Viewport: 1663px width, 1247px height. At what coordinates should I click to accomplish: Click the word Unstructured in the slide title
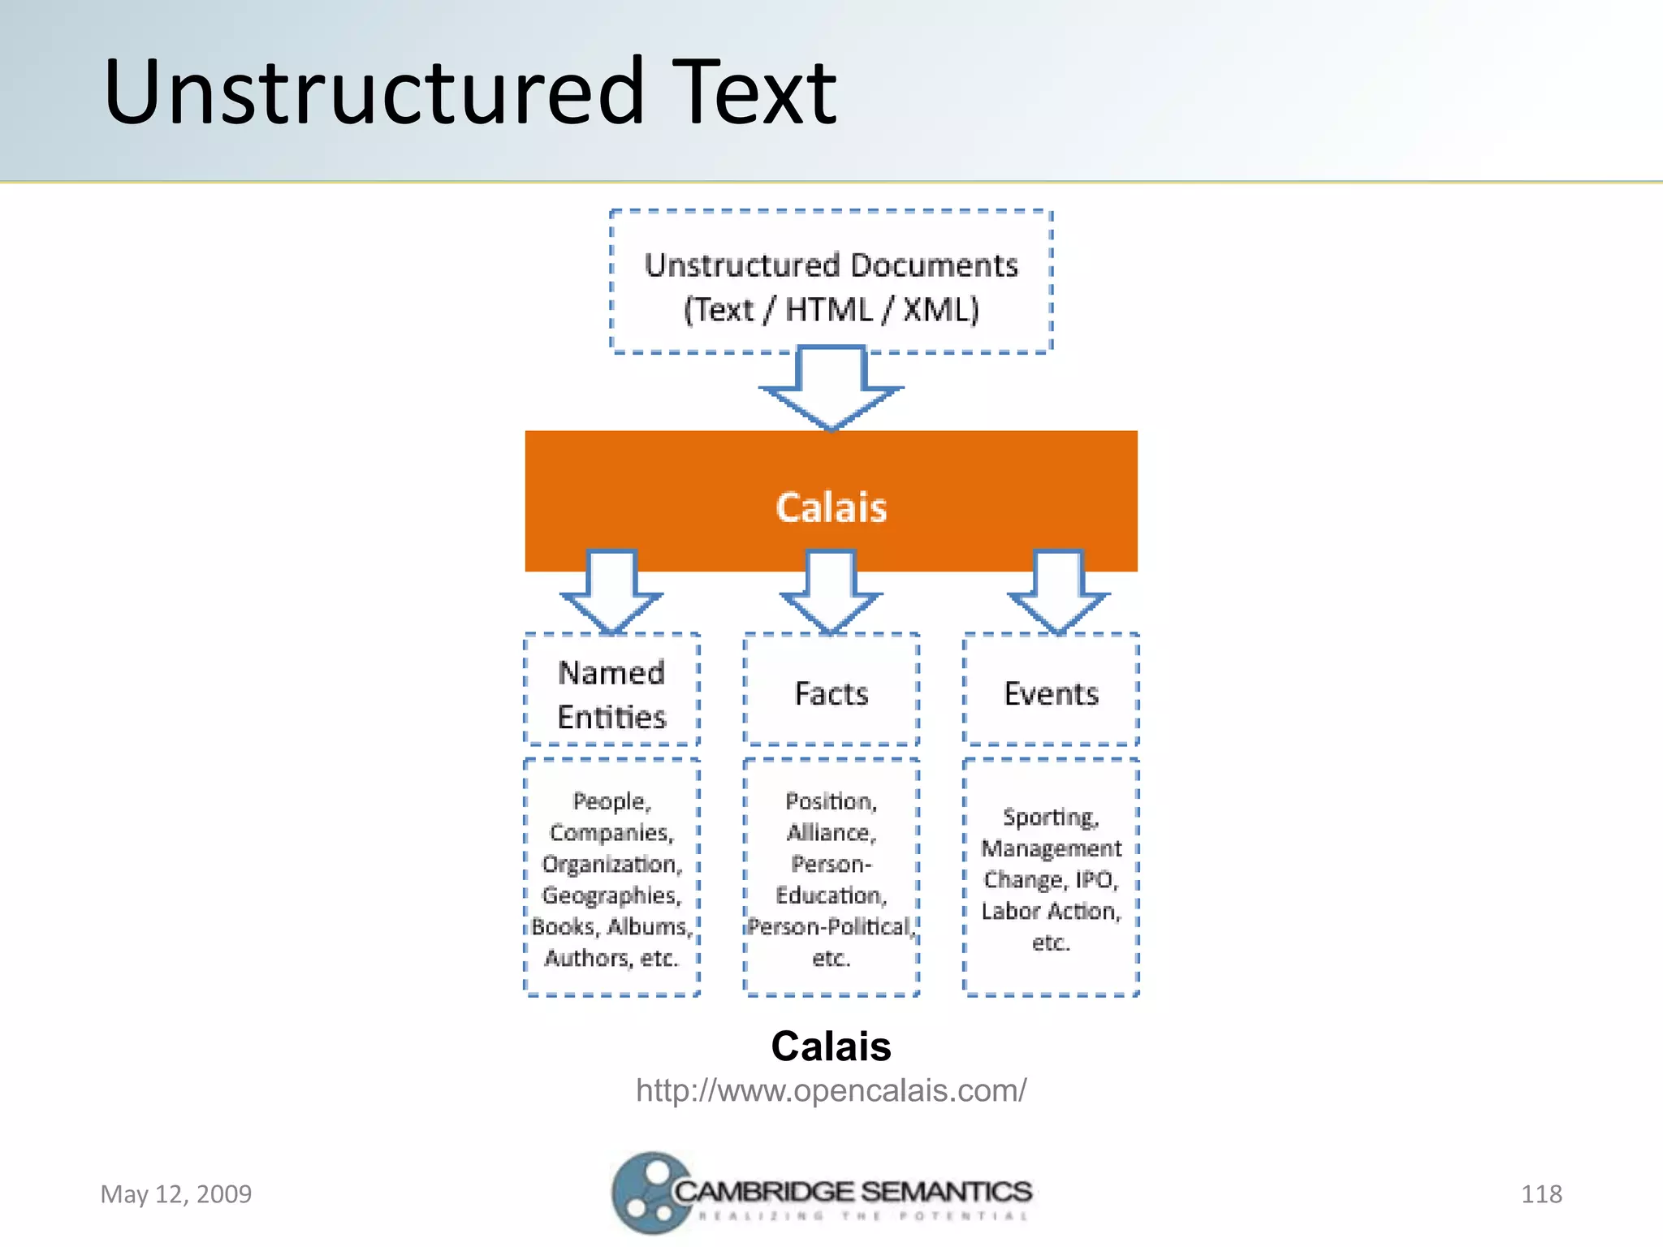point(374,91)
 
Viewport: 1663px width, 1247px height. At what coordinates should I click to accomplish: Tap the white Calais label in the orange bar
point(831,507)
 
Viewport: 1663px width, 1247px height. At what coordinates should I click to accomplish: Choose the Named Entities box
point(611,694)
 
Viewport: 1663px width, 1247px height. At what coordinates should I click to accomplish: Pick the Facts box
point(831,694)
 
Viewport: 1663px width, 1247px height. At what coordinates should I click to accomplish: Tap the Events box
point(1051,694)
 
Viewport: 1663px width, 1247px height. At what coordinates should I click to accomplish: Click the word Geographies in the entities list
point(611,895)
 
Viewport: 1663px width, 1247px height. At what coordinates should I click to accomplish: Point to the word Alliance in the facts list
point(831,833)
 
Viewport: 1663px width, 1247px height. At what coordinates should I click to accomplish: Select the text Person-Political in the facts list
point(831,926)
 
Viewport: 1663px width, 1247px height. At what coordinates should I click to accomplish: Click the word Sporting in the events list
point(1051,817)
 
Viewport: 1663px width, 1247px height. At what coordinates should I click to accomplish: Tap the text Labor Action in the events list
point(1051,911)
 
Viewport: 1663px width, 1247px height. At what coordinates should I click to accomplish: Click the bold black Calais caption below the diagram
point(831,1046)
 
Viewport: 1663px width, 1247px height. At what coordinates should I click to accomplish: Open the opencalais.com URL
point(831,1090)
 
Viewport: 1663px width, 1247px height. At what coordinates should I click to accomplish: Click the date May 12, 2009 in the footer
point(176,1194)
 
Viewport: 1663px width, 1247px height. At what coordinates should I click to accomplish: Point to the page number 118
point(1540,1194)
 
